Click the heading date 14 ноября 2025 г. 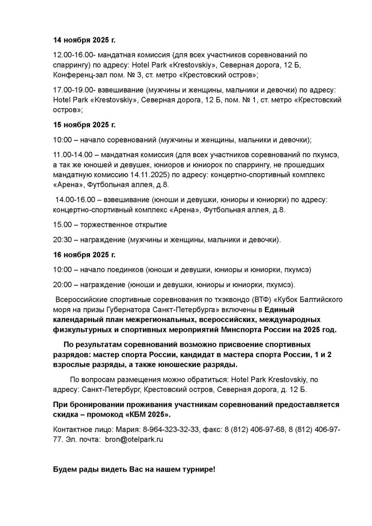click(85, 40)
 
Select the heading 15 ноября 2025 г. click(85, 125)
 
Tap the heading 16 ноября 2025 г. click(85, 254)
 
